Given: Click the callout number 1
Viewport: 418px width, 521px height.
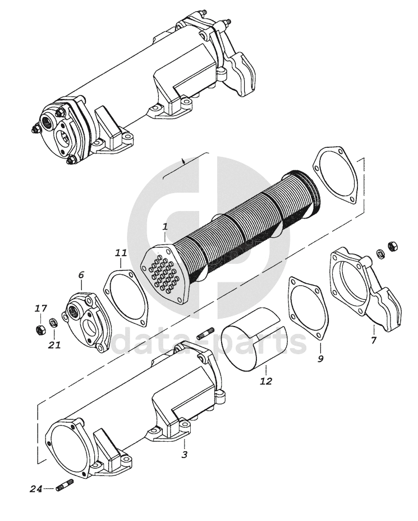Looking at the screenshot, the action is (x=165, y=227).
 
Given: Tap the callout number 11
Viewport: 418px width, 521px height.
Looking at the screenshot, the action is (x=121, y=253).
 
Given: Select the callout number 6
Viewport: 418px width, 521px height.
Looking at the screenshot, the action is (x=81, y=275).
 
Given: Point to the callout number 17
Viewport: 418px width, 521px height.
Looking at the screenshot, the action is (x=41, y=309).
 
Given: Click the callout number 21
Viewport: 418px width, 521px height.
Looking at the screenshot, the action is (x=54, y=345).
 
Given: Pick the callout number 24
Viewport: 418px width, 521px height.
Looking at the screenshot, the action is (x=36, y=489).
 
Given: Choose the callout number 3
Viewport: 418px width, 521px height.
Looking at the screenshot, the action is (x=185, y=454).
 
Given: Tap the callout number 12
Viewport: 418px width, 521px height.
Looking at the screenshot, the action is (x=266, y=381).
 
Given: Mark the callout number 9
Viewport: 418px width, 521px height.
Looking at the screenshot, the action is (x=320, y=359).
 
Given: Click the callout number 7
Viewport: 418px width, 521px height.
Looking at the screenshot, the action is (x=374, y=340).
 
